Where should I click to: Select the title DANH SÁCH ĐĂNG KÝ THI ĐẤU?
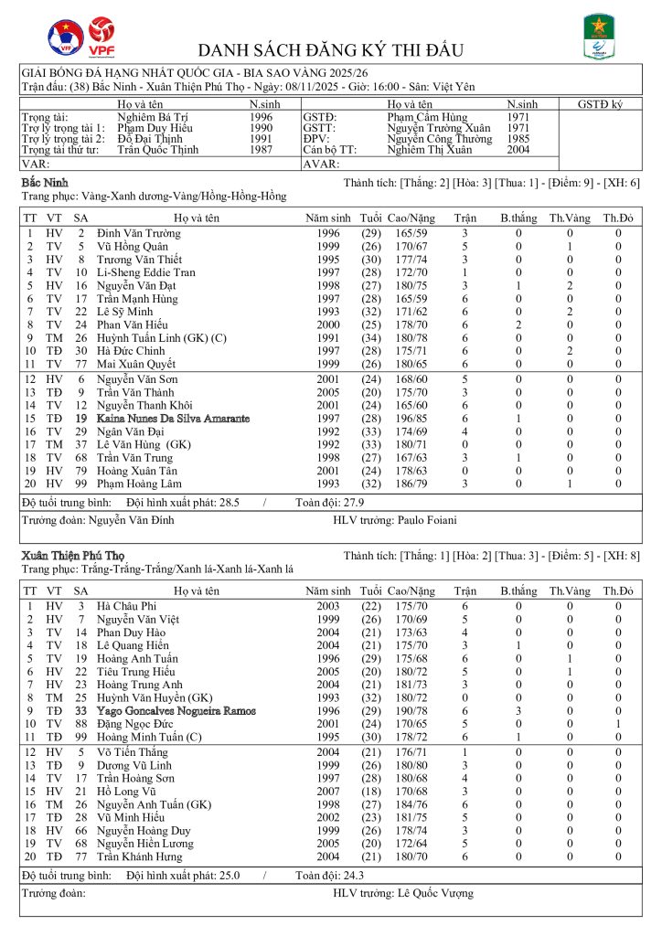(330, 50)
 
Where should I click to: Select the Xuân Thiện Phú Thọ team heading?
(72, 556)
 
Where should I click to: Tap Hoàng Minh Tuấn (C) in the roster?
(138, 736)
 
